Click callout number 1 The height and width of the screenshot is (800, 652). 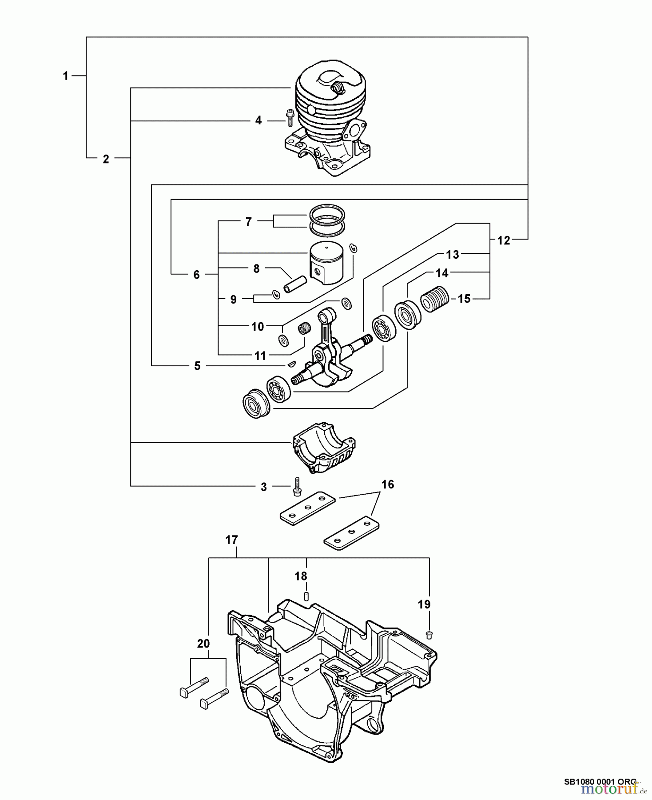(66, 76)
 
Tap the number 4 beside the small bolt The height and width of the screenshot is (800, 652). (258, 120)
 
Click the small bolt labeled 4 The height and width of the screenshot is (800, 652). (290, 118)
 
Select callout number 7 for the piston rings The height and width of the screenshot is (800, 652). (249, 221)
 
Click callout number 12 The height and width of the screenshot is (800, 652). (504, 240)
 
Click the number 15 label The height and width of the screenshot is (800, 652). (464, 299)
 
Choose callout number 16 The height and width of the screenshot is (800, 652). (388, 484)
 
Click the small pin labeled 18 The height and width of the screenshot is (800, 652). (306, 596)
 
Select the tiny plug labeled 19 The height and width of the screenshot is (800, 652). (429, 633)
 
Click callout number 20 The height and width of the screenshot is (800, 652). (203, 644)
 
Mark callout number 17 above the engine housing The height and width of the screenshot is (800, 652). (231, 540)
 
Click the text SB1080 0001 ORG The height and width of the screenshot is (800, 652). (600, 781)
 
